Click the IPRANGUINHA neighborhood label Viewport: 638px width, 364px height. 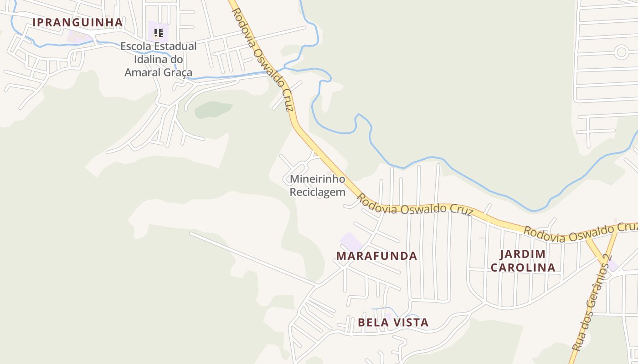(x=77, y=22)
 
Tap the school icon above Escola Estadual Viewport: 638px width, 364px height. (x=158, y=33)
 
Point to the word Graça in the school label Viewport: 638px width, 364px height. (x=179, y=72)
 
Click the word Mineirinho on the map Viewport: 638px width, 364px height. (x=317, y=179)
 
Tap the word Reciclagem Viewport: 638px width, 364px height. (x=317, y=192)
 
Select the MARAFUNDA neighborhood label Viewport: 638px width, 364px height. (x=376, y=256)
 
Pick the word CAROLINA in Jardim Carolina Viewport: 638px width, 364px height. (x=523, y=268)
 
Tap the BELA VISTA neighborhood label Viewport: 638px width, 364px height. (x=393, y=323)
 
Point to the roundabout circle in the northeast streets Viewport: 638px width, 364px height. (x=621, y=52)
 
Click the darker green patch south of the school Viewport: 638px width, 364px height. (x=213, y=109)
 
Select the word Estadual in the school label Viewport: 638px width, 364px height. (x=175, y=46)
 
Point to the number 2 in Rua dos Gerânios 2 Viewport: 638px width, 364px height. (x=607, y=258)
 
